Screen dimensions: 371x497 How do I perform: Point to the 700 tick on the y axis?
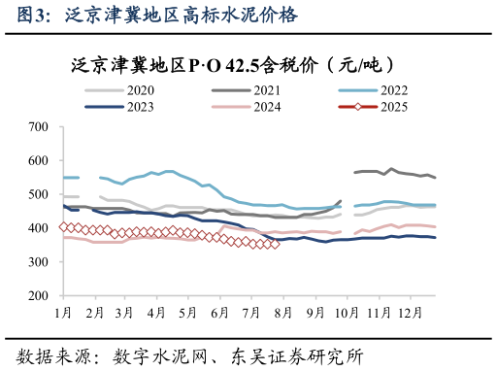point(39,127)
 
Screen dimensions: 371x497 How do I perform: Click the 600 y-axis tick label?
point(39,161)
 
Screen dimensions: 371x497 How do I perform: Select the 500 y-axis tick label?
point(39,194)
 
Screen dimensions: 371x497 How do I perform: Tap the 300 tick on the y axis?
point(39,262)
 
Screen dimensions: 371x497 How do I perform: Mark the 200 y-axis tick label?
point(39,295)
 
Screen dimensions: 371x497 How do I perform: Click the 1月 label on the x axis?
point(64,313)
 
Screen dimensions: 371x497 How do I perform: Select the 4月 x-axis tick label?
point(156,313)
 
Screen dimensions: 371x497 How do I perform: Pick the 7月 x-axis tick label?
point(250,313)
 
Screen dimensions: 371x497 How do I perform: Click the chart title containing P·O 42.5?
point(233,65)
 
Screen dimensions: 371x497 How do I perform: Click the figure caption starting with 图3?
point(151,16)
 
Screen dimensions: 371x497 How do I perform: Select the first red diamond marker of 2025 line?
point(63,227)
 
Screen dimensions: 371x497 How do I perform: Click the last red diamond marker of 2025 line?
point(275,244)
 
